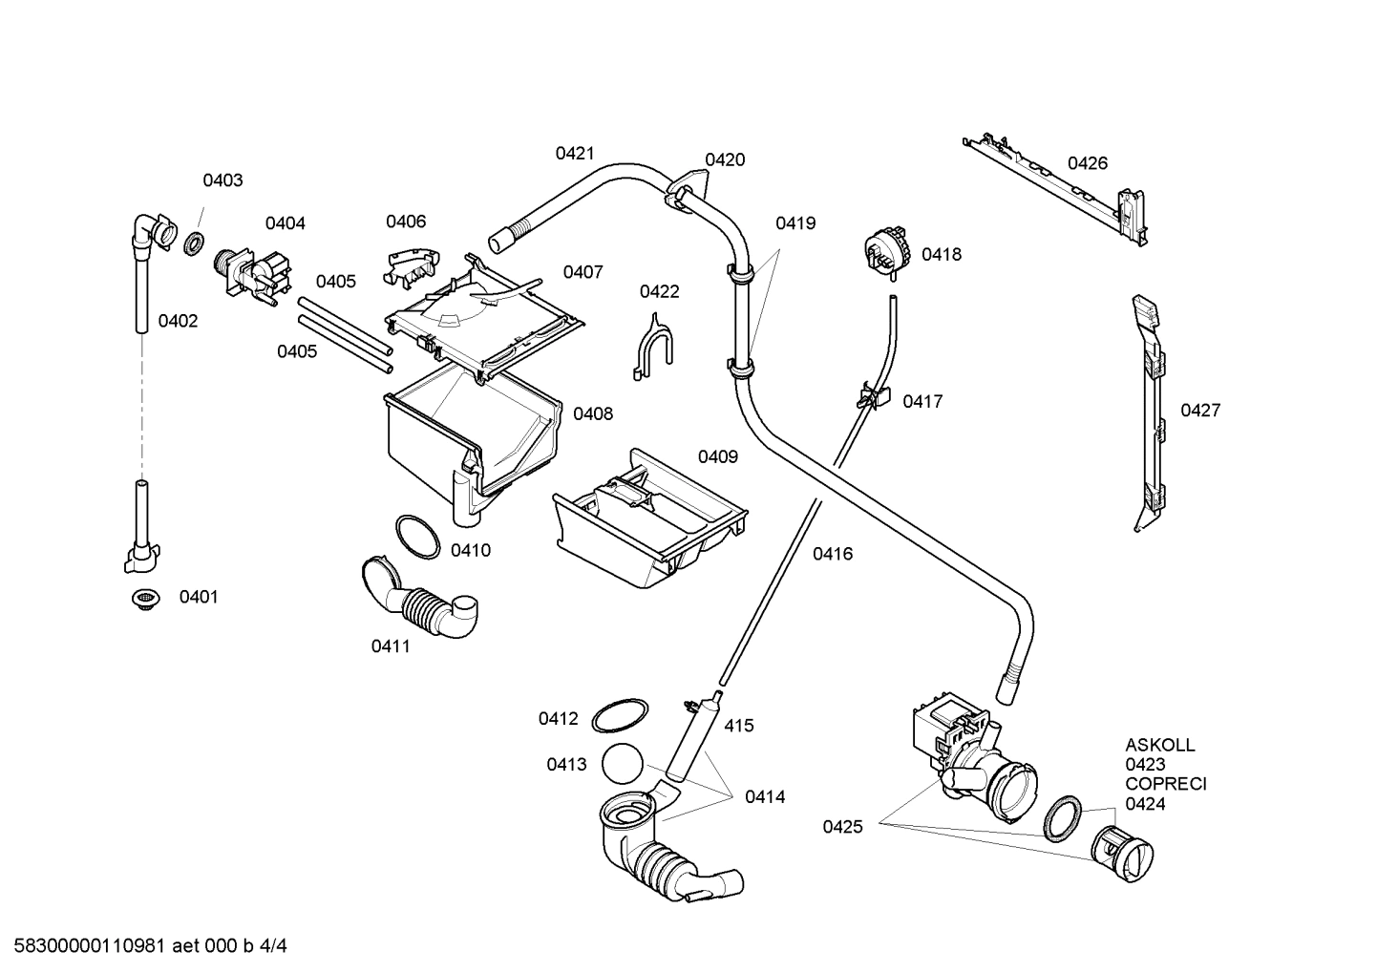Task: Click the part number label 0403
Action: coord(222,180)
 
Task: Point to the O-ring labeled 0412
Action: coord(620,716)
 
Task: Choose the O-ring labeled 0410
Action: coord(417,537)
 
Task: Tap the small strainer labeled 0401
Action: coord(144,599)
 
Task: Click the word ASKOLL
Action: coord(1159,745)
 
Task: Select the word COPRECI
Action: coord(1165,784)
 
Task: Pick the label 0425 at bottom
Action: coord(842,827)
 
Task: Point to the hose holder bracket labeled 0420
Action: coord(689,183)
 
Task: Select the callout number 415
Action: coord(738,726)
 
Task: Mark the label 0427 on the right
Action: coord(1200,411)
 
